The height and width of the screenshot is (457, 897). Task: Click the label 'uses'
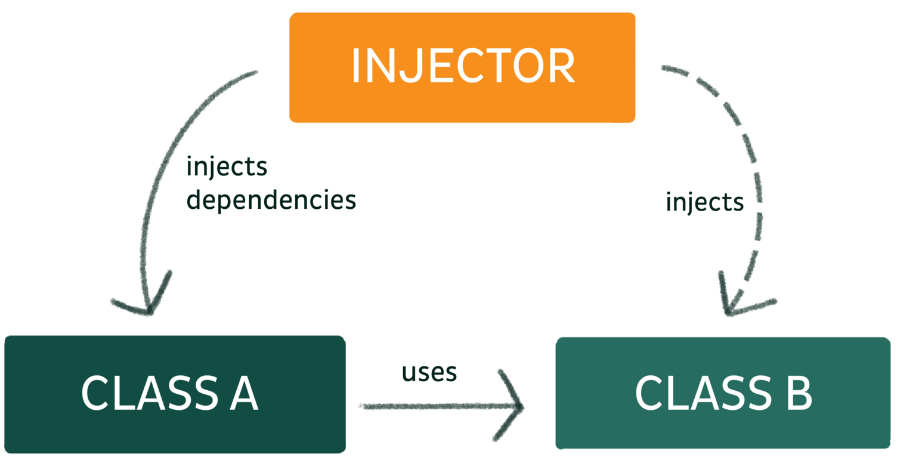point(429,372)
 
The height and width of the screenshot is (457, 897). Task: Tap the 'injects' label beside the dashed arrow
point(704,203)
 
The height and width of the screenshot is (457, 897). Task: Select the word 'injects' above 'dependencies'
point(227,167)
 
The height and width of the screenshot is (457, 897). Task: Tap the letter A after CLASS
point(241,393)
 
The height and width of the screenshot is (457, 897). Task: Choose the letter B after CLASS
point(794,393)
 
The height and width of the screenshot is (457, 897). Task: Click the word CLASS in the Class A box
point(150,393)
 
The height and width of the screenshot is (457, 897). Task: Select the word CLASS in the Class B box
point(703,393)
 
